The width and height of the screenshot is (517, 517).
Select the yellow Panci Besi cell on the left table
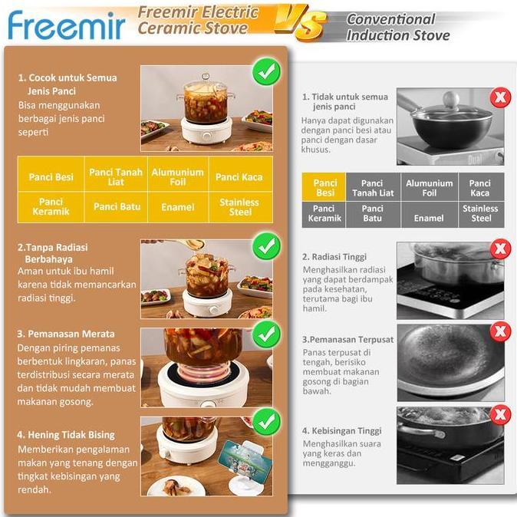[x=51, y=177]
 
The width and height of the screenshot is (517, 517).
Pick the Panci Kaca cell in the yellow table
[x=239, y=177]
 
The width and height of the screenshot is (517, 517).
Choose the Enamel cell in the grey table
[x=429, y=218]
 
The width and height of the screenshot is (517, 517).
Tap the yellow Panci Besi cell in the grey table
[x=325, y=188]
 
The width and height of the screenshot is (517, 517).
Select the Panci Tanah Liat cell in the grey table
[x=372, y=188]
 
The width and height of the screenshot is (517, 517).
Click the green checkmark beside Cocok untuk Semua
[x=266, y=72]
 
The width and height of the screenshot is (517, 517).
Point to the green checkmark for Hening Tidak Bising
[x=266, y=420]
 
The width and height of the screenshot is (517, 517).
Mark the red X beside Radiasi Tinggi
[x=500, y=249]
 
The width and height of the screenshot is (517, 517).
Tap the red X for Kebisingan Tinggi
[x=500, y=415]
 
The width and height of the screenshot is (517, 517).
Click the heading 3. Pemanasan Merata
[x=66, y=334]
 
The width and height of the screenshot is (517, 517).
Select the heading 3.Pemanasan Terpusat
[x=347, y=339]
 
